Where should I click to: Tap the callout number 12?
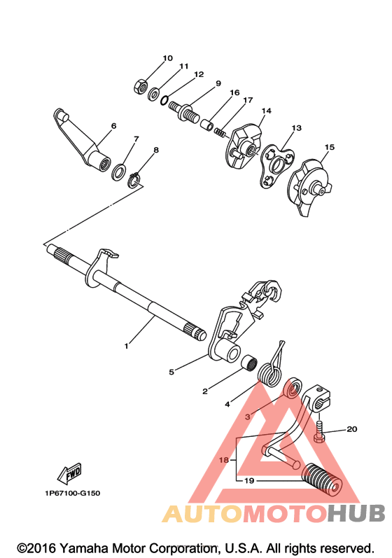[x=199, y=74]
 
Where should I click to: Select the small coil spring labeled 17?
[x=220, y=132]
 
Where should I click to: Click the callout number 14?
[x=267, y=111]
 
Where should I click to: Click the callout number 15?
[x=330, y=147]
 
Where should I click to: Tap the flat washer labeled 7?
[x=118, y=172]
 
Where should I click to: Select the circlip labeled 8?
[x=134, y=180]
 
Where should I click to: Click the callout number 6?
[x=114, y=125]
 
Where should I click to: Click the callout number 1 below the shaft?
[x=126, y=346]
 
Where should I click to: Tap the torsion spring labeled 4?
[x=272, y=370]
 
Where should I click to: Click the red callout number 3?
[x=248, y=417]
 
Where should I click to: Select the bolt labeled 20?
[x=319, y=431]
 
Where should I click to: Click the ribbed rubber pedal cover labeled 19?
[x=322, y=479]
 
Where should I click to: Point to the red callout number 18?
[x=224, y=460]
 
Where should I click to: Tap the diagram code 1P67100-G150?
[x=73, y=493]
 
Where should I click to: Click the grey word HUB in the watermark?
[x=356, y=513]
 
